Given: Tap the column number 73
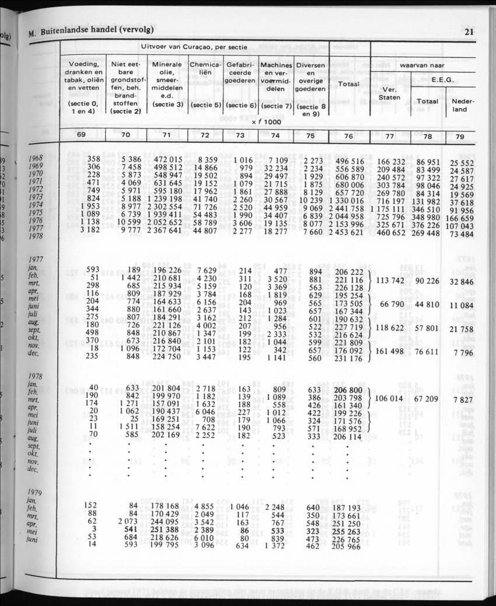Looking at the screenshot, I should pyautogui.click(x=240, y=135).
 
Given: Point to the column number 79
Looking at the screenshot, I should pyautogui.click(x=460, y=136).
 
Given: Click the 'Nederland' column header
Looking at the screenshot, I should pyautogui.click(x=460, y=105).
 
